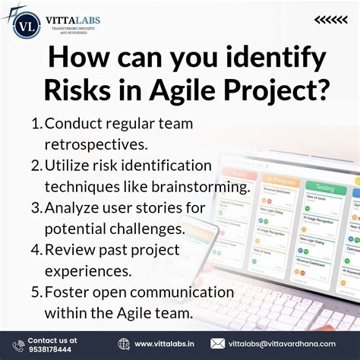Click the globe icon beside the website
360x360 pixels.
pyautogui.click(x=124, y=344)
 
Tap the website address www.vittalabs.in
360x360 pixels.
pyautogui.click(x=164, y=344)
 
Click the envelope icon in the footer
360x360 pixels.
pyautogui.click(x=217, y=344)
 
